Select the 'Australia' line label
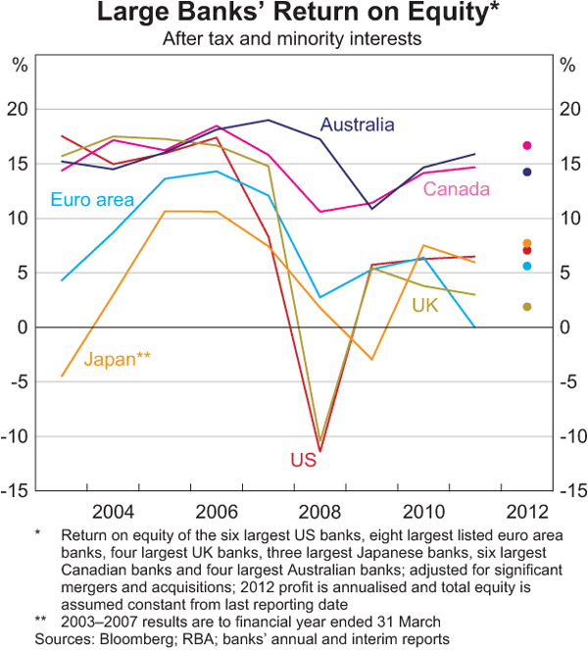pyautogui.click(x=358, y=125)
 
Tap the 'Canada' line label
pyautogui.click(x=456, y=188)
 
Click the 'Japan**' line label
pyautogui.click(x=117, y=359)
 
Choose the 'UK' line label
pyautogui.click(x=424, y=307)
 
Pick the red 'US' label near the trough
pyautogui.click(x=302, y=460)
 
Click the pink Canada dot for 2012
pyautogui.click(x=526, y=145)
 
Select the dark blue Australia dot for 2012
pyautogui.click(x=526, y=172)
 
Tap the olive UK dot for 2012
pyautogui.click(x=526, y=307)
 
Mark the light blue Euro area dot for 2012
pyautogui.click(x=526, y=266)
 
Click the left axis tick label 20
pyautogui.click(x=20, y=109)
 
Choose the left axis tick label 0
pyautogui.click(x=24, y=327)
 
